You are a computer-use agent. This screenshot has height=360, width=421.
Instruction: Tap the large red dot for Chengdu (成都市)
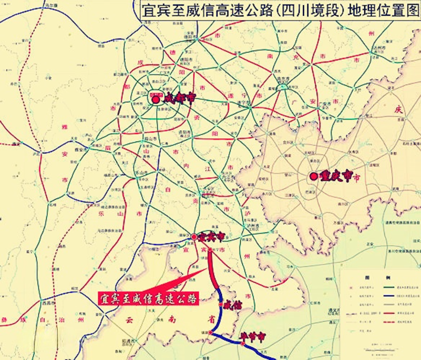(x=155, y=99)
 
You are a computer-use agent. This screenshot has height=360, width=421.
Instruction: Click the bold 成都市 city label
(x=178, y=98)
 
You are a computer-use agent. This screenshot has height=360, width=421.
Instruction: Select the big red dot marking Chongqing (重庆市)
(x=314, y=177)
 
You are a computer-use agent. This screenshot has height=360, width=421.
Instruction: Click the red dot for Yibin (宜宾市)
(x=194, y=237)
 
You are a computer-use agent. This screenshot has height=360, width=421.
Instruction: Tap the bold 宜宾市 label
(x=211, y=236)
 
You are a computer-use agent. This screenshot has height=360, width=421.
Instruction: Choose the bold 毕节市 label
(x=253, y=337)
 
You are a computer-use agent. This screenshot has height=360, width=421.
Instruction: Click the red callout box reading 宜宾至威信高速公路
(x=148, y=299)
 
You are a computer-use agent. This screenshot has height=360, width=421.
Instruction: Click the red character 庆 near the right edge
(x=398, y=110)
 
